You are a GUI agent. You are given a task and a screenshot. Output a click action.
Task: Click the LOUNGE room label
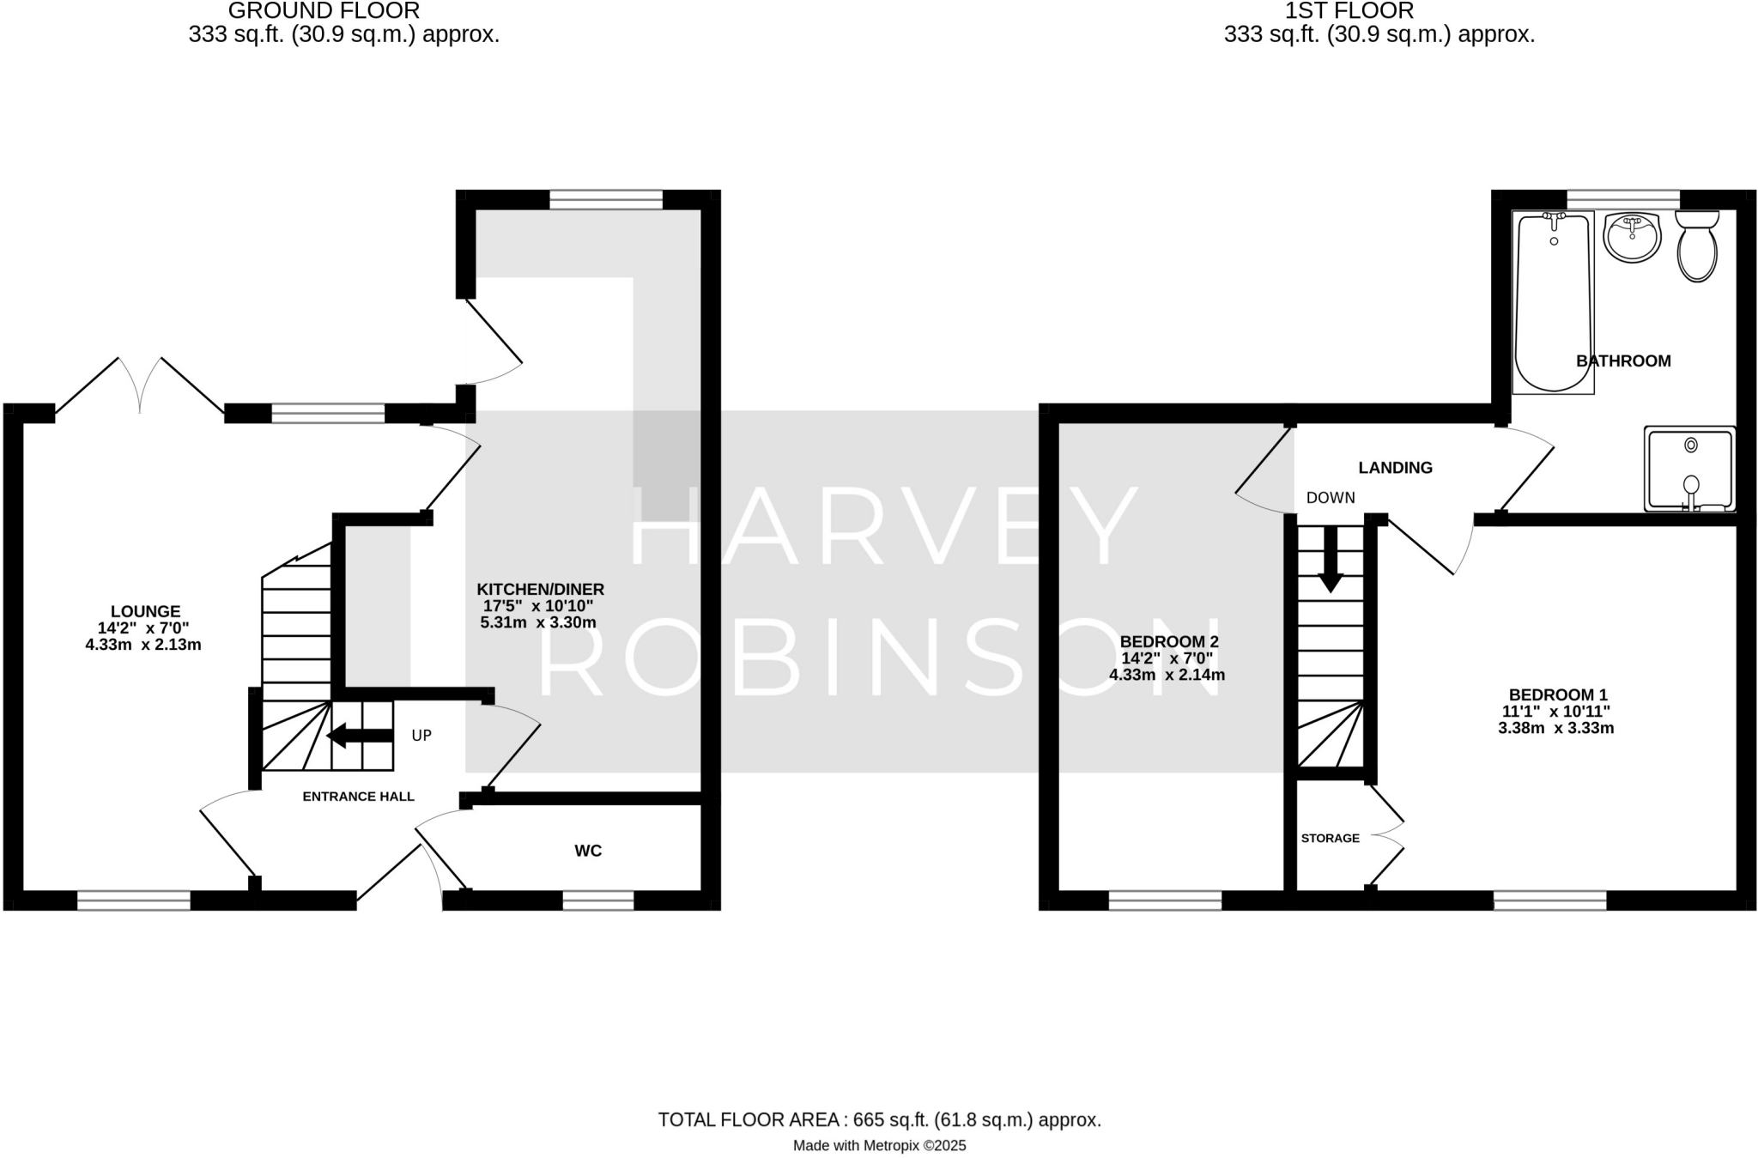(x=145, y=611)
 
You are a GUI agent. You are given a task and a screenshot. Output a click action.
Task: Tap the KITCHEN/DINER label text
(x=540, y=590)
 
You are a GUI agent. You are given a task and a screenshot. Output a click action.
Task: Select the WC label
(x=588, y=851)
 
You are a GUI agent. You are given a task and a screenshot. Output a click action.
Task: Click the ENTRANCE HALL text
(x=358, y=797)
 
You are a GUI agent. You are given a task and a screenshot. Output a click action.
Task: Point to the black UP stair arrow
(x=360, y=736)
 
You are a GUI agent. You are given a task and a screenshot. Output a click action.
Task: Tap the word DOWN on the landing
(x=1331, y=498)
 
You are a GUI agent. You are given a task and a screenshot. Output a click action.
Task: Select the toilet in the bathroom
(x=1697, y=246)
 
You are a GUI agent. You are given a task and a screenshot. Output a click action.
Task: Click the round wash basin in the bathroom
(x=1633, y=238)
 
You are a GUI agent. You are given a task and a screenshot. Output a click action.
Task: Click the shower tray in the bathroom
(x=1689, y=470)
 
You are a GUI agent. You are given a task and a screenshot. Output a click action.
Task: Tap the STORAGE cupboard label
(x=1330, y=838)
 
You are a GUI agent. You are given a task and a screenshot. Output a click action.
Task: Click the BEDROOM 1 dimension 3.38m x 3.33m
(x=1555, y=729)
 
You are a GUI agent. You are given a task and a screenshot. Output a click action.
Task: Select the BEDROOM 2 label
(x=1168, y=641)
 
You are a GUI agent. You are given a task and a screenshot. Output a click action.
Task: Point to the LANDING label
(x=1395, y=468)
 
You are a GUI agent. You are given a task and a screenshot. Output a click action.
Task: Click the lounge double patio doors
(x=139, y=386)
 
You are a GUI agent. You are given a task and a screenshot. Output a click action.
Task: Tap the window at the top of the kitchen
(x=606, y=200)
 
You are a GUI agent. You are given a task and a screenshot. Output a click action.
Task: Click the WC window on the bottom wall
(x=597, y=900)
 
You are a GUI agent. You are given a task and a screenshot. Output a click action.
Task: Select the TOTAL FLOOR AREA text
(x=879, y=1119)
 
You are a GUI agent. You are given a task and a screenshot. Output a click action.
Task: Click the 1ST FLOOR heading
(x=1379, y=11)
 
